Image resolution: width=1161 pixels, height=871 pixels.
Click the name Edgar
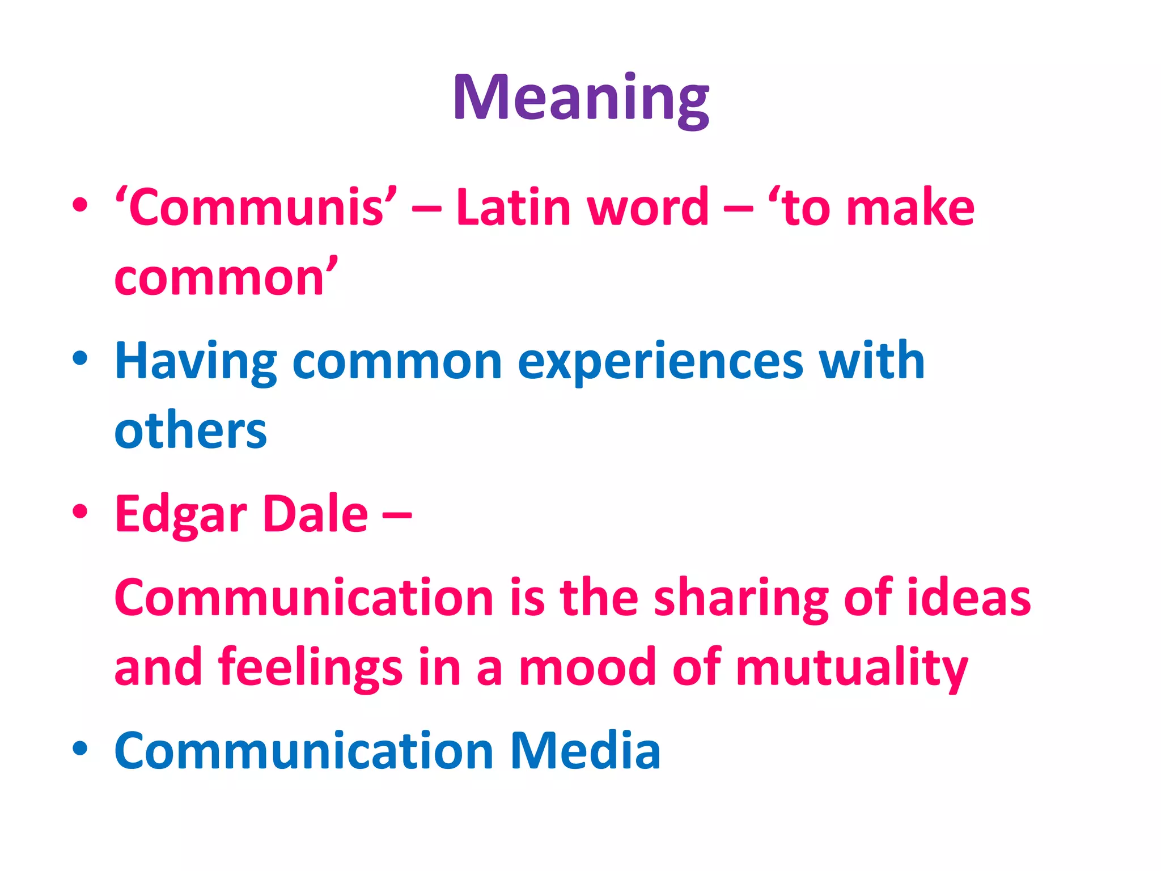[x=181, y=515]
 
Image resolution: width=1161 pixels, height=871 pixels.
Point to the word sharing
[x=741, y=599]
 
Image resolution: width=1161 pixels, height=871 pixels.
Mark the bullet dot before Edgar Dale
[x=80, y=511]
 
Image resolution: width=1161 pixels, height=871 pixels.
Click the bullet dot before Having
[x=80, y=358]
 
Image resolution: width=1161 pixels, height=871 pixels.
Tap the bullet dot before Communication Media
[x=80, y=749]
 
